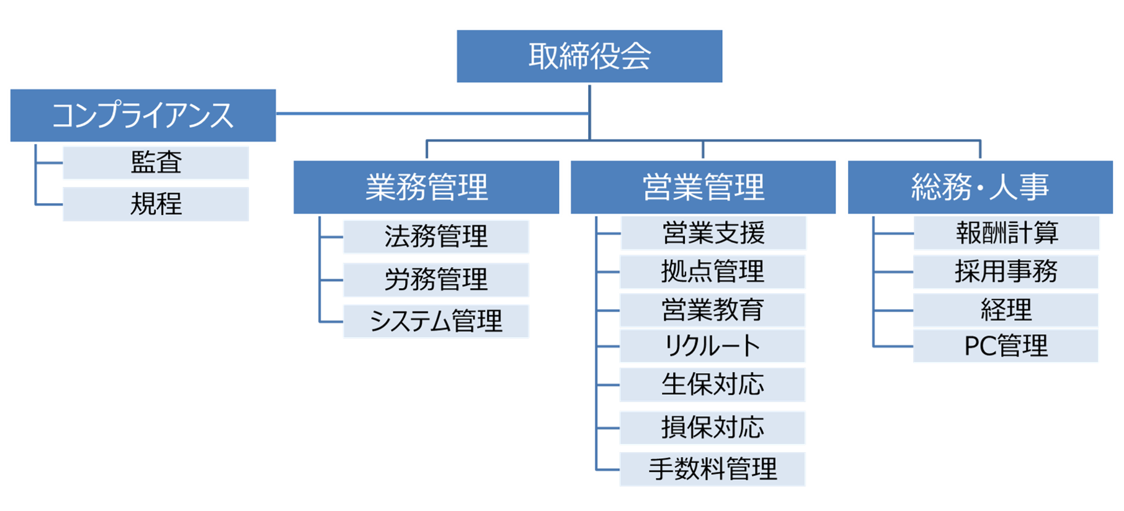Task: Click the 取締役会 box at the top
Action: pyautogui.click(x=589, y=57)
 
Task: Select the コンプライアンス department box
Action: pyautogui.click(x=143, y=115)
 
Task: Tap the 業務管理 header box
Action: pyautogui.click(x=427, y=188)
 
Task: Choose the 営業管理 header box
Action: pyautogui.click(x=703, y=188)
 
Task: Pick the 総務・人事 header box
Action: pyautogui.click(x=980, y=188)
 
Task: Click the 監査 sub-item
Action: pyautogui.click(x=156, y=163)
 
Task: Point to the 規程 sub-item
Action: pyautogui.click(x=156, y=204)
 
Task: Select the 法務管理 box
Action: pyautogui.click(x=435, y=237)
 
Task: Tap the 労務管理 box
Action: pyautogui.click(x=435, y=279)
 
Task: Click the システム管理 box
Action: pyautogui.click(x=435, y=321)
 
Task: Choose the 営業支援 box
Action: pyautogui.click(x=713, y=233)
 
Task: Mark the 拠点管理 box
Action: pyautogui.click(x=712, y=271)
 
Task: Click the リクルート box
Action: pyautogui.click(x=712, y=346)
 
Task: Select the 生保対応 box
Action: pyautogui.click(x=712, y=384)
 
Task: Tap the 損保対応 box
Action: pyautogui.click(x=712, y=427)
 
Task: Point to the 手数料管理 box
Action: pyautogui.click(x=712, y=469)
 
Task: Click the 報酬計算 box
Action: pyautogui.click(x=1006, y=233)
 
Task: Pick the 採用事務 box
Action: pyautogui.click(x=1006, y=271)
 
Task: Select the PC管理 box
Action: pyautogui.click(x=1006, y=346)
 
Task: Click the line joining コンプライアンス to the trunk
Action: pyautogui.click(x=434, y=114)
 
